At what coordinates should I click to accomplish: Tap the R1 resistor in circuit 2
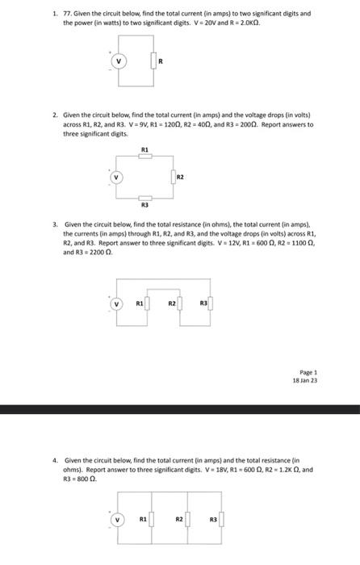click(144, 157)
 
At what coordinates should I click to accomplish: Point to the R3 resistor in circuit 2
click(144, 197)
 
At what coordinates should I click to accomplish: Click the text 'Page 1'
click(308, 372)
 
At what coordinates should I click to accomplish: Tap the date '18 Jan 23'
click(305, 379)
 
